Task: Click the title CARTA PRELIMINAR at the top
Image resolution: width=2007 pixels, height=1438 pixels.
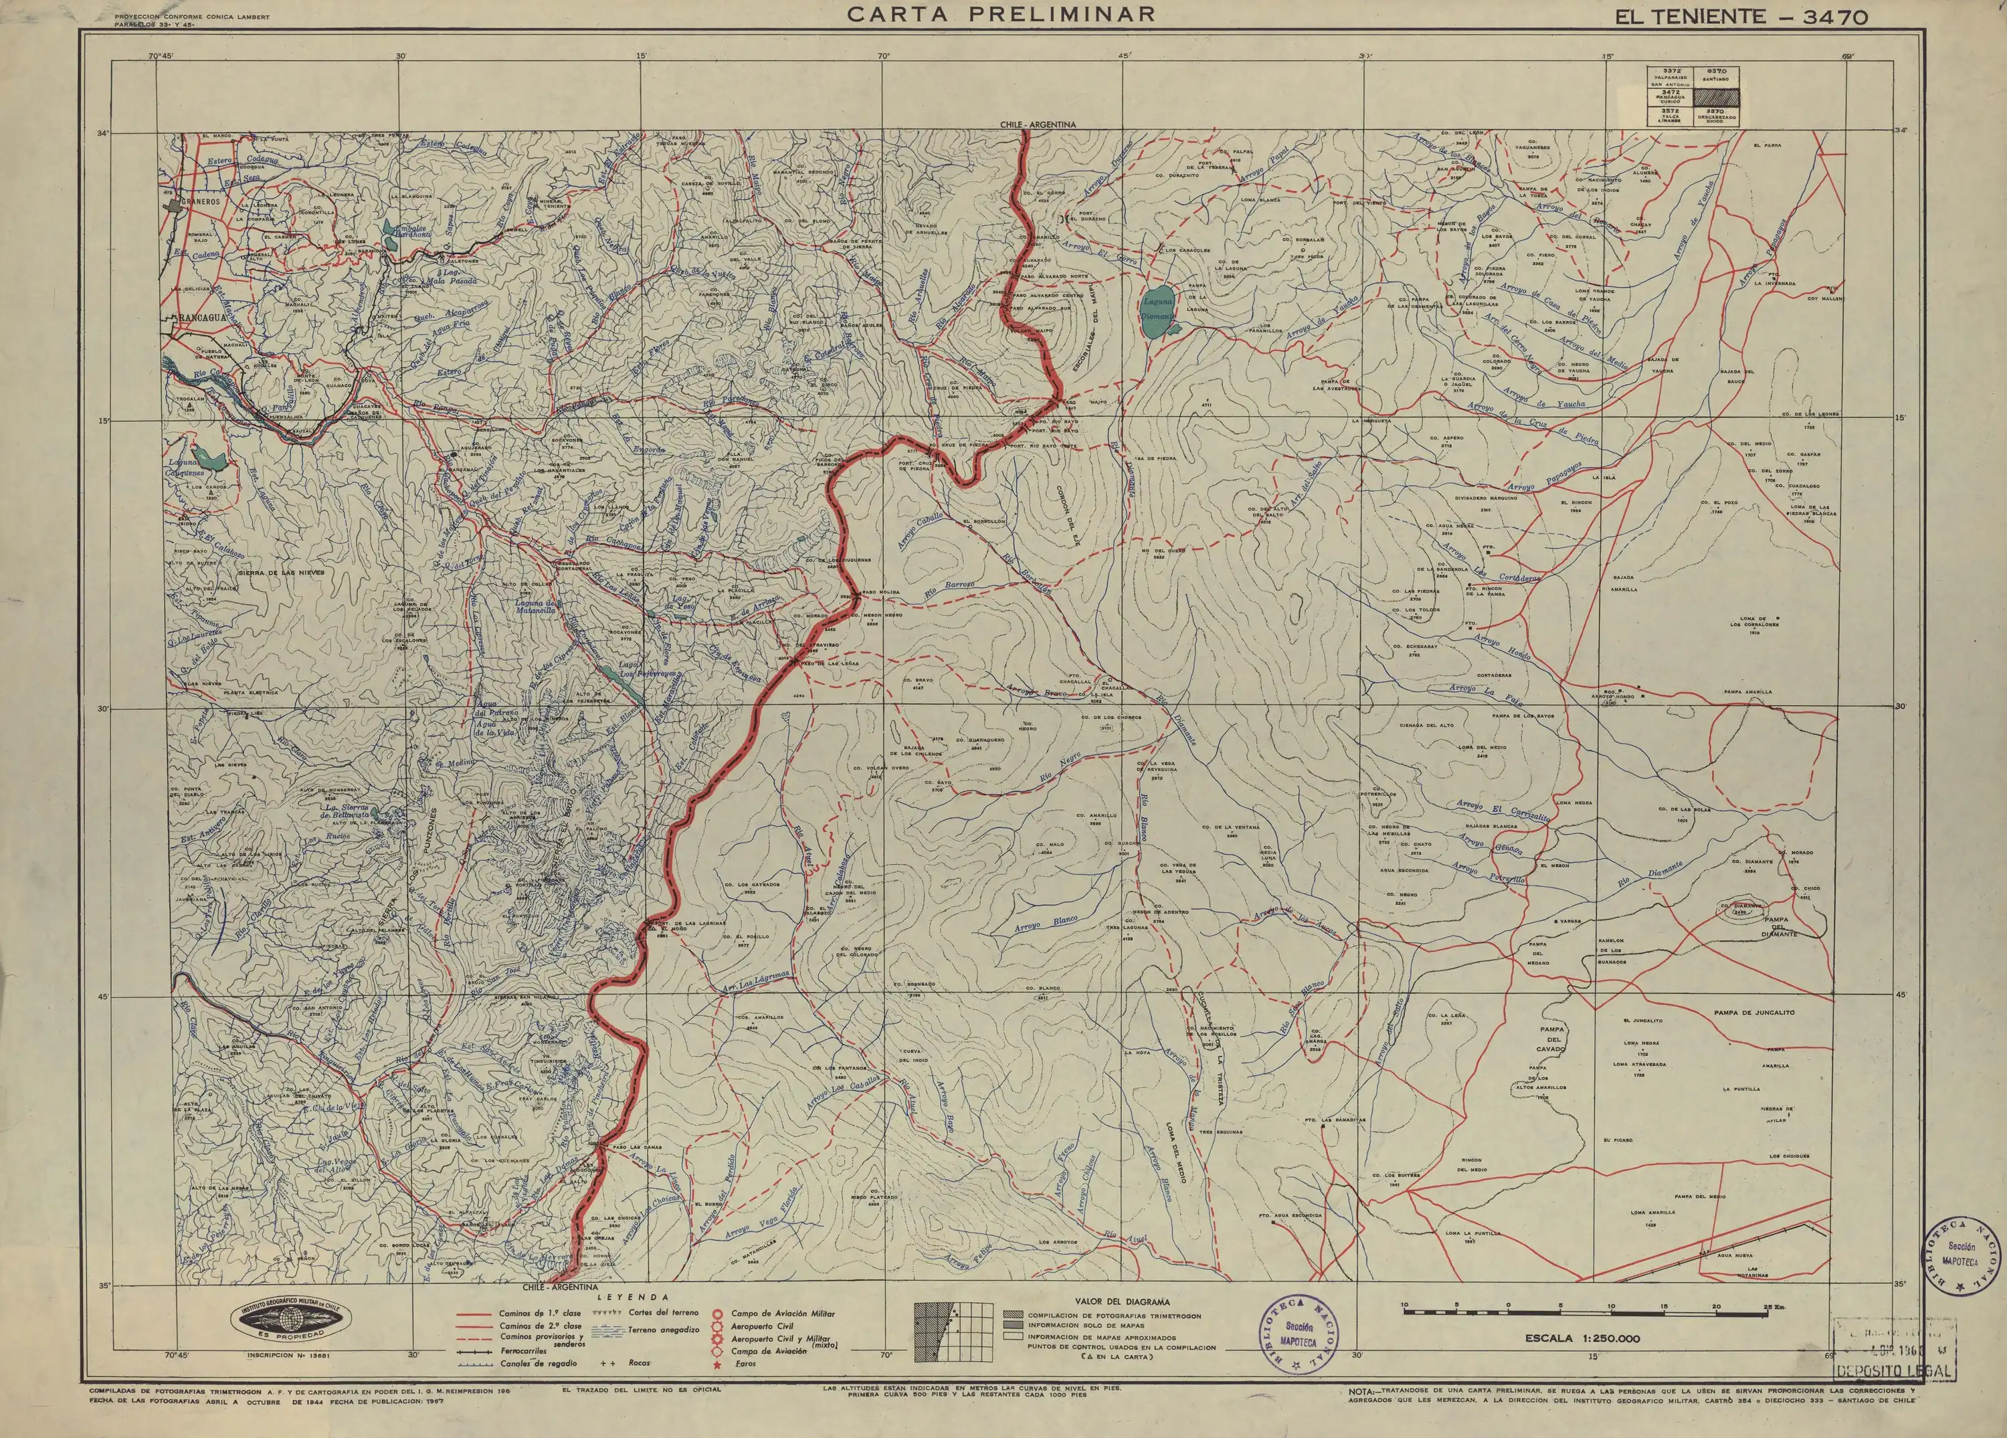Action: click(x=1001, y=14)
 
